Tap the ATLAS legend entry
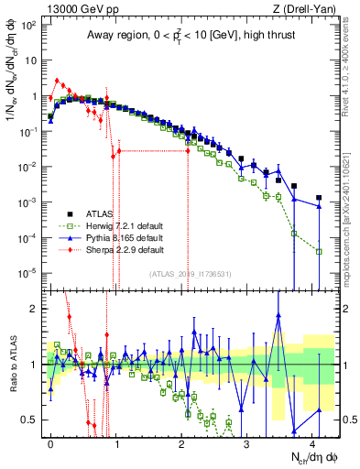[101, 213]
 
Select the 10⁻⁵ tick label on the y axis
[29, 272]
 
